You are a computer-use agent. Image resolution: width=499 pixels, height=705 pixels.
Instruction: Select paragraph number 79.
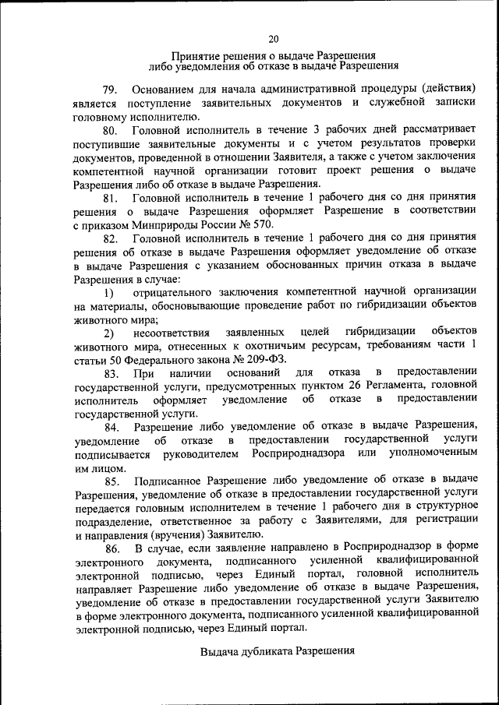(x=109, y=90)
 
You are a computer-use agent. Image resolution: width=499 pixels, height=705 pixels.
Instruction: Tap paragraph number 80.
(x=110, y=130)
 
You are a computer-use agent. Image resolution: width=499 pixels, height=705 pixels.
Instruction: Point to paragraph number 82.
(x=110, y=238)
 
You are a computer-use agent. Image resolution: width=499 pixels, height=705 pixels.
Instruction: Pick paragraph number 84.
(x=110, y=428)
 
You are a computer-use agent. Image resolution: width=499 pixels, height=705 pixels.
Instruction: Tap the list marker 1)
(x=108, y=293)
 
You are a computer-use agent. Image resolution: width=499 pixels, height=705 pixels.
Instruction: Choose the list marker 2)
(x=108, y=333)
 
